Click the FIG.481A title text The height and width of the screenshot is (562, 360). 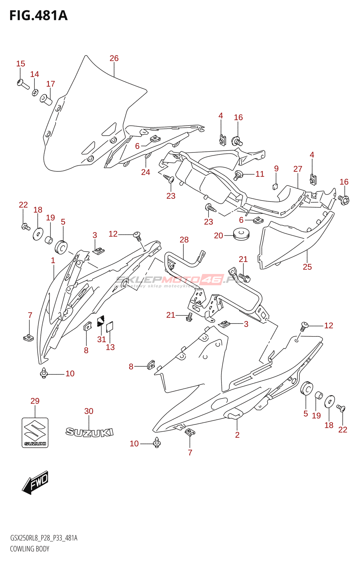[38, 16]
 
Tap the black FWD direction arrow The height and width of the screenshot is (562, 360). [35, 482]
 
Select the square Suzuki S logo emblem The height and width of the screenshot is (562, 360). [35, 432]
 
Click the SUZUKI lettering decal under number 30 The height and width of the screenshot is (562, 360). [89, 432]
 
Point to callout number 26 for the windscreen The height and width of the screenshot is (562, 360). [114, 58]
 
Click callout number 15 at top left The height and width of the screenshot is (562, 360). [21, 64]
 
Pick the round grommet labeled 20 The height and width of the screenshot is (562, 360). [241, 234]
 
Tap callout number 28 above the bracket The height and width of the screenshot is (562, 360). [184, 240]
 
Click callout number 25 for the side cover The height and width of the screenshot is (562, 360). [307, 267]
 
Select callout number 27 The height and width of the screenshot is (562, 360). [298, 169]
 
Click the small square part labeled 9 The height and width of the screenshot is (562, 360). [276, 186]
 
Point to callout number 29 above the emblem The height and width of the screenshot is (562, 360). [35, 401]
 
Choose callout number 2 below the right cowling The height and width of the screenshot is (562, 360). [237, 435]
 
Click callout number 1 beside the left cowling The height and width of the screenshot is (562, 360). [53, 260]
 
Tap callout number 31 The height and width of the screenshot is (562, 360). [102, 339]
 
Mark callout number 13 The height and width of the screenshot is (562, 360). [110, 347]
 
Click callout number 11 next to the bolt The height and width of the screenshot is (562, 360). [260, 174]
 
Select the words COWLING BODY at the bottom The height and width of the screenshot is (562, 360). [30, 549]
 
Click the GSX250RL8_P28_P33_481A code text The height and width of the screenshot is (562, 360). [44, 538]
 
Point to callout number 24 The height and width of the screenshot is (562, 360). [146, 172]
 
